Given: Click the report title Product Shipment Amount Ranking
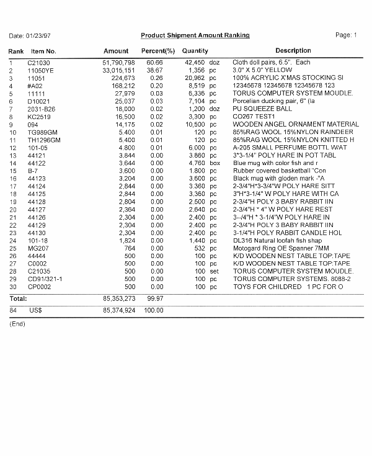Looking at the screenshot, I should coord(195,35).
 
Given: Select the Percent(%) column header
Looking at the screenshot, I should coord(158,51).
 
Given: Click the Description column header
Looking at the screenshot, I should coord(293,51).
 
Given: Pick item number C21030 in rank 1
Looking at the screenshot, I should coord(38,63).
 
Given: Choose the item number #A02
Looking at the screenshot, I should coord(35,86).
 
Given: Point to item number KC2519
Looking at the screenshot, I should coord(38,116).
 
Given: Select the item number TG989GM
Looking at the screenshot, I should coord(42,132).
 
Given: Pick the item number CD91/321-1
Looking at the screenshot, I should coord(44,279).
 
